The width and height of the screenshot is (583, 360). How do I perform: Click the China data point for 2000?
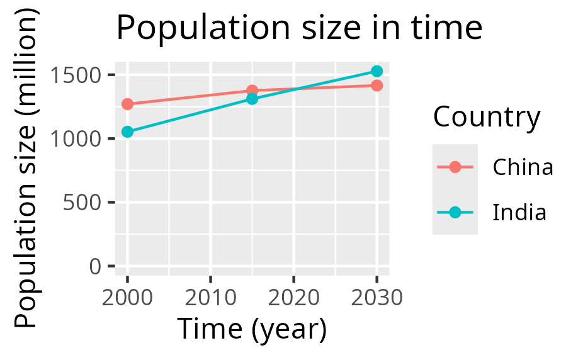(127, 104)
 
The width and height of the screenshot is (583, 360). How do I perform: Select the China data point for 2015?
(252, 91)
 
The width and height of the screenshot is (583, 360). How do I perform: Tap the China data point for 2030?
(376, 85)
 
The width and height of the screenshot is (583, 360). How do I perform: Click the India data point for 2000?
(127, 132)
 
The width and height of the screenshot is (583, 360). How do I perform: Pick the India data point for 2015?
(252, 99)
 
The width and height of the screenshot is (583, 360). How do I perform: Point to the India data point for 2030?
(376, 71)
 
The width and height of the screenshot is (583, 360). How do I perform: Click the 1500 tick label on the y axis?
(77, 75)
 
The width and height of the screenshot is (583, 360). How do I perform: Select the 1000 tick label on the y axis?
(77, 138)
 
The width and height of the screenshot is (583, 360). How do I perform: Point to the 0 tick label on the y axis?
(96, 266)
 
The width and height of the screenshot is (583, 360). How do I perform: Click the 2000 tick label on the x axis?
(127, 296)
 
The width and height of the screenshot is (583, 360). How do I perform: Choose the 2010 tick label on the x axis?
(210, 296)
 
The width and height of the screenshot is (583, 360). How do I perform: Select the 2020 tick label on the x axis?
(293, 296)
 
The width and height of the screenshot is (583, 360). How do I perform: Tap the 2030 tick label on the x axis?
(376, 296)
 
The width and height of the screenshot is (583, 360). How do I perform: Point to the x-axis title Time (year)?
(252, 329)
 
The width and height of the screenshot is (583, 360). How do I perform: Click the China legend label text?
(523, 167)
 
